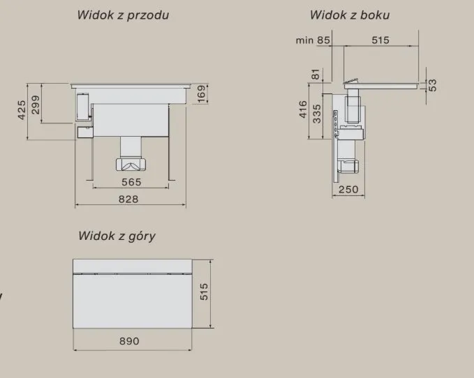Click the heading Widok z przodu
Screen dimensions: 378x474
123,15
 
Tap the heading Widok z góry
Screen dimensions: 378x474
117,236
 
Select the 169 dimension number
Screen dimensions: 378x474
202,93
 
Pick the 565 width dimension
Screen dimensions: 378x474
131,183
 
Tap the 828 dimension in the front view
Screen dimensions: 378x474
128,199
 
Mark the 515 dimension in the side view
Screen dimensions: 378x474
380,40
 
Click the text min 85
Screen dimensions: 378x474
313,40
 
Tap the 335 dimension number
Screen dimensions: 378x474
317,112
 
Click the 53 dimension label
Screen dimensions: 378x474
433,84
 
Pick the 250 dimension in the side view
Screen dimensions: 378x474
348,190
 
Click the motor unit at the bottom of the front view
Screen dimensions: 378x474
131,165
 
